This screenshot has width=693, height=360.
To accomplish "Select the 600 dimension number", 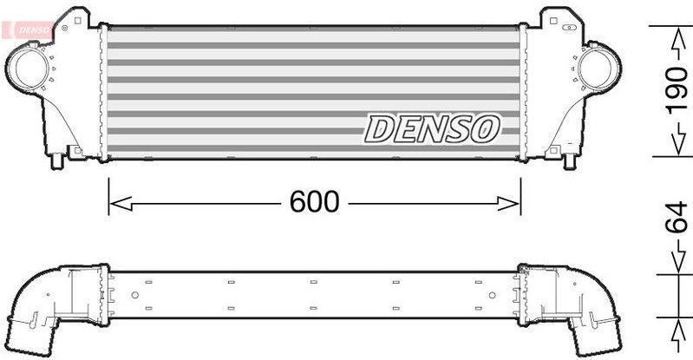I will point(313,202).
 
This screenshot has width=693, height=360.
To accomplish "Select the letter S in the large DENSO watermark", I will point(461,128).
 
